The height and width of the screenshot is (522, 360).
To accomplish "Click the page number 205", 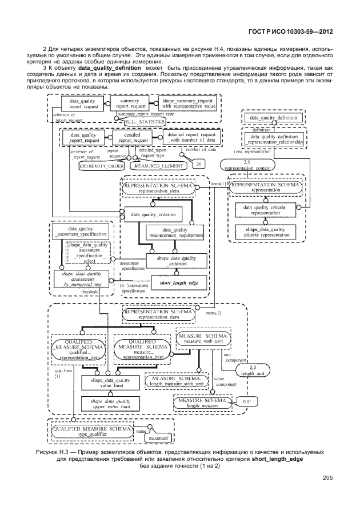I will (x=327, y=478).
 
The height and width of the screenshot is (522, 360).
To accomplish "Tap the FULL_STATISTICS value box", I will (x=142, y=122).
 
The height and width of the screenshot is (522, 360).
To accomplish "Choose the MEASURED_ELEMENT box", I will (x=159, y=165).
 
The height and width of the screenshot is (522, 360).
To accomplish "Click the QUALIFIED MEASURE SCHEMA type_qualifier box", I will (x=92, y=431).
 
